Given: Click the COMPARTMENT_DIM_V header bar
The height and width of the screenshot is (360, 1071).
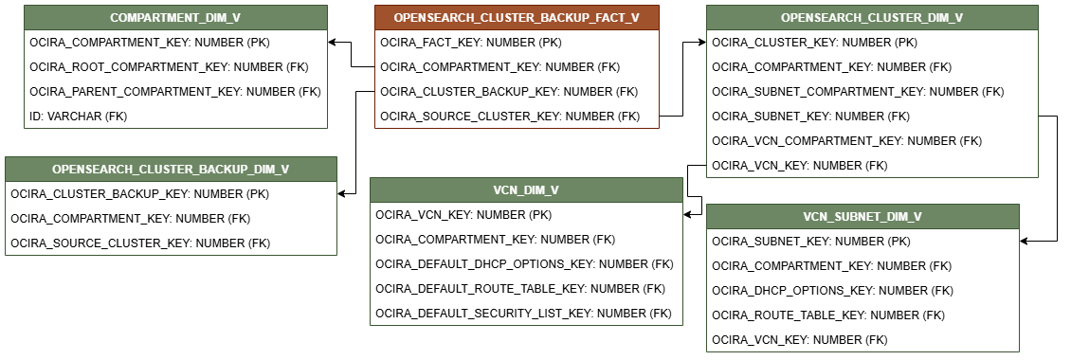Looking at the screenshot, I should (x=175, y=18).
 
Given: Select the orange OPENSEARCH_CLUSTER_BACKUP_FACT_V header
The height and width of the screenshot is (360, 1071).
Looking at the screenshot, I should (x=517, y=18).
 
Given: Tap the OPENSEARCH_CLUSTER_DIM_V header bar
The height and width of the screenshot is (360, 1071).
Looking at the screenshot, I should (x=872, y=18).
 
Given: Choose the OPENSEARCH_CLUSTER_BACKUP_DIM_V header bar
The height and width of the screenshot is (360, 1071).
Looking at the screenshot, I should (x=171, y=170).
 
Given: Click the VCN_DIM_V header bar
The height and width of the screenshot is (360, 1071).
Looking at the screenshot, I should (x=526, y=190).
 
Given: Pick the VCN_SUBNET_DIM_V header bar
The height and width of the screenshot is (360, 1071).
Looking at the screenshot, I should (x=862, y=217).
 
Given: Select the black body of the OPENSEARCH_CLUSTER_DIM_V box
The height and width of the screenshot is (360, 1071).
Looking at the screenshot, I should (x=872, y=104).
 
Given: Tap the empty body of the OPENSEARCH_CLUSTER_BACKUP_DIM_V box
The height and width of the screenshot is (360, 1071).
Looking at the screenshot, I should (x=171, y=218).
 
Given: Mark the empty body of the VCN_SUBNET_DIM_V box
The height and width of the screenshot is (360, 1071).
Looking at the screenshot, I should (x=862, y=290).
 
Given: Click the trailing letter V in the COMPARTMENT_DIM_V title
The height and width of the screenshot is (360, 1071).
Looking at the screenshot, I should (x=236, y=18).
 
